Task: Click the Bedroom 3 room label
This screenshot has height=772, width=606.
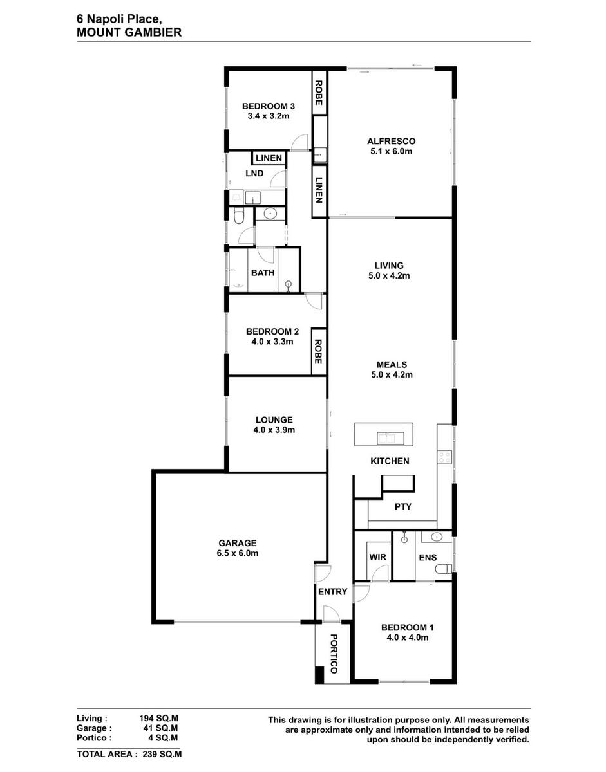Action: click(268, 106)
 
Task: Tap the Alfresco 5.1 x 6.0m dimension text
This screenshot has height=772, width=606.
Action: click(391, 151)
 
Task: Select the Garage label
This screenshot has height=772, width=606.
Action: click(237, 543)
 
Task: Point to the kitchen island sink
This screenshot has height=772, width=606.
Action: click(390, 437)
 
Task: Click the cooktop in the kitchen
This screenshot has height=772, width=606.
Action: click(444, 457)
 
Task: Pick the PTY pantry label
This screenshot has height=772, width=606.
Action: click(403, 506)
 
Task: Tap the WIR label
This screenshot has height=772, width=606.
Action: click(377, 556)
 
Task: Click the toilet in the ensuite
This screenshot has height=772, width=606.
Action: click(444, 569)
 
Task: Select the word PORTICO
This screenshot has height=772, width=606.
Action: click(334, 654)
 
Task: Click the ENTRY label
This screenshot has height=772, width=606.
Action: click(332, 591)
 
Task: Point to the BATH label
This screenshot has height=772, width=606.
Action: click(263, 273)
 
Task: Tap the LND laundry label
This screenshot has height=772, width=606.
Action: click(254, 173)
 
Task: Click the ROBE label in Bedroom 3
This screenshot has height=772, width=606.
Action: click(319, 93)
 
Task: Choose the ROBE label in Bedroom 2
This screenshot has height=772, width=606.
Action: click(318, 352)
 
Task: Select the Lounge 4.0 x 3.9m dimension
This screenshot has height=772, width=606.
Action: click(274, 430)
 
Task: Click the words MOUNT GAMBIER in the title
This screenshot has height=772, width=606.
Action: click(129, 33)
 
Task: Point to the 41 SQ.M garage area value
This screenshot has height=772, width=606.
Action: click(163, 728)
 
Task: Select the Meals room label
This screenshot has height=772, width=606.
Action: click(392, 365)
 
